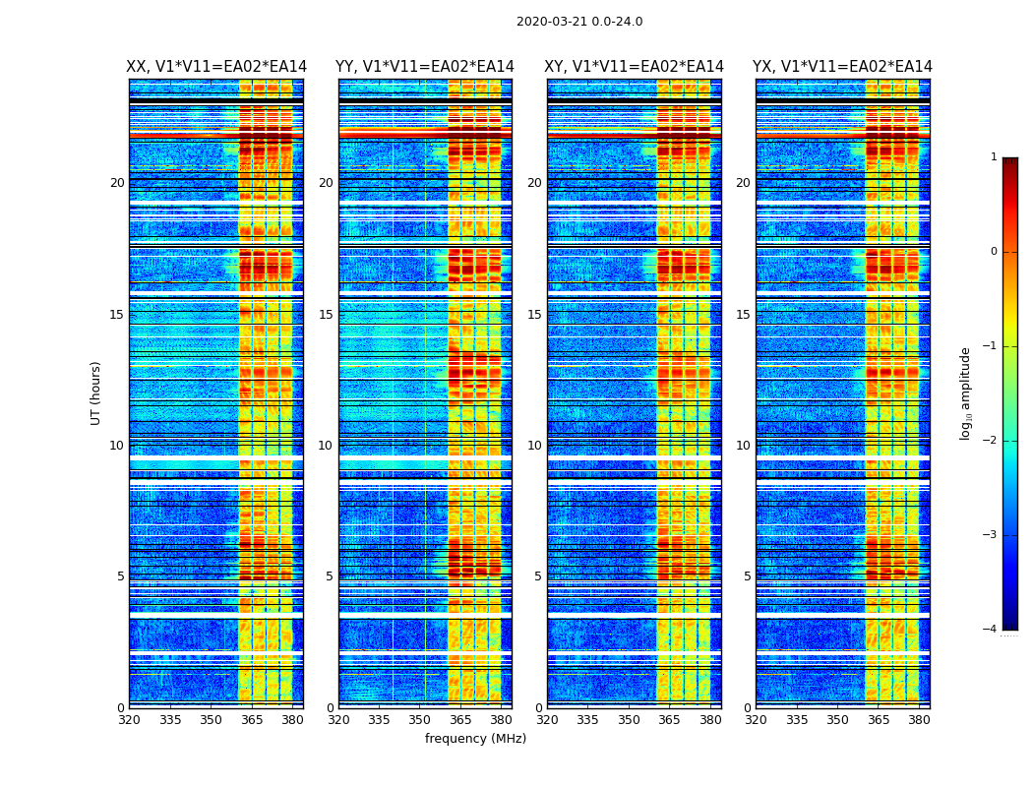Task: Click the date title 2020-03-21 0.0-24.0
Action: click(579, 22)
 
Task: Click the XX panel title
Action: click(216, 67)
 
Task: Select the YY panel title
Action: click(425, 67)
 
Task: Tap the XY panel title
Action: click(634, 67)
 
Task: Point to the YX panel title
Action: click(842, 67)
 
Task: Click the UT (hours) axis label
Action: click(96, 393)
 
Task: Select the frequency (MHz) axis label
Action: click(475, 739)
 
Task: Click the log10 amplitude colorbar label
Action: click(966, 393)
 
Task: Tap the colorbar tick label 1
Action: click(994, 157)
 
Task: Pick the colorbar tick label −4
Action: click(992, 630)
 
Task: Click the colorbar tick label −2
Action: click(992, 441)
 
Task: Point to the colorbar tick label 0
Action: click(994, 252)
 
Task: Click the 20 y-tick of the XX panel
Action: click(117, 183)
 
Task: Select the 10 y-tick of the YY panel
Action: click(325, 446)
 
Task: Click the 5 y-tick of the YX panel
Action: click(747, 576)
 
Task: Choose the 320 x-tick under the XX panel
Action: click(129, 720)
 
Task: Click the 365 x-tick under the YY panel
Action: click(460, 720)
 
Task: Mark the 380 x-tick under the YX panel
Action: click(919, 720)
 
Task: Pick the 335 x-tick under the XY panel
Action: click(587, 720)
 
